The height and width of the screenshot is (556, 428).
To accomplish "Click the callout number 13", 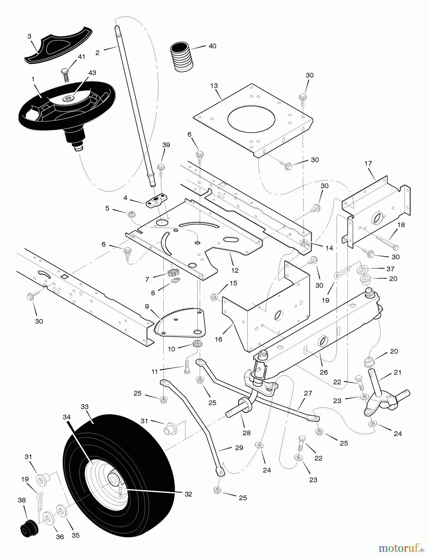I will (x=214, y=86).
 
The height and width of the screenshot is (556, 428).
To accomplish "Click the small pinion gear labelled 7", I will (x=172, y=273).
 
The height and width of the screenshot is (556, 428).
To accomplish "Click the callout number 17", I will (x=368, y=163).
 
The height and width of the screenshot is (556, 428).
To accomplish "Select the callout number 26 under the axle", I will (x=323, y=372).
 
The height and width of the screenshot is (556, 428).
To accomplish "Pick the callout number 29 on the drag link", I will (x=239, y=448).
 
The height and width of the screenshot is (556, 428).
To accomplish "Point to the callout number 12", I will (x=235, y=270).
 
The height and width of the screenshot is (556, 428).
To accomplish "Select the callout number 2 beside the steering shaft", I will (x=98, y=53).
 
